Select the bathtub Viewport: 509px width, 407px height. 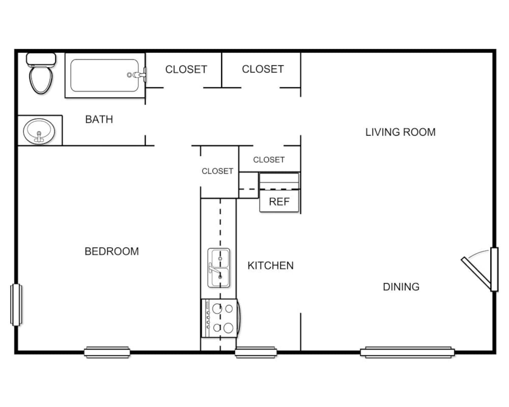pos(104,75)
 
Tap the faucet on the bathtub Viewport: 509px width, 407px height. pos(137,75)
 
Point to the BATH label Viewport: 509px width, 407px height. pos(99,120)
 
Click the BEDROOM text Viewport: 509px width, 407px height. pos(112,251)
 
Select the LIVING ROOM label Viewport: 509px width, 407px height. pos(400,132)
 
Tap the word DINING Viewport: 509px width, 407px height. pos(401,287)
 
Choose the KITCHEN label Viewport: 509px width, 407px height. pos(270,266)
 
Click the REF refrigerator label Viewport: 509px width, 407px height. pos(279,202)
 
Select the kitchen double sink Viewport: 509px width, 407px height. pos(219,268)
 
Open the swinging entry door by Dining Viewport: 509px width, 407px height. pos(477,271)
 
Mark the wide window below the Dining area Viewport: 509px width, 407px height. pos(407,352)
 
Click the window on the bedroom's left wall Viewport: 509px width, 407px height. pos(16,305)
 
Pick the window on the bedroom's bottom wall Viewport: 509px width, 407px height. pos(107,352)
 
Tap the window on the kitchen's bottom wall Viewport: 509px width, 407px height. pos(256,352)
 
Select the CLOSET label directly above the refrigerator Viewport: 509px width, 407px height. pos(268,160)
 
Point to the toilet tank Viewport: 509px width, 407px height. pos(41,59)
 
